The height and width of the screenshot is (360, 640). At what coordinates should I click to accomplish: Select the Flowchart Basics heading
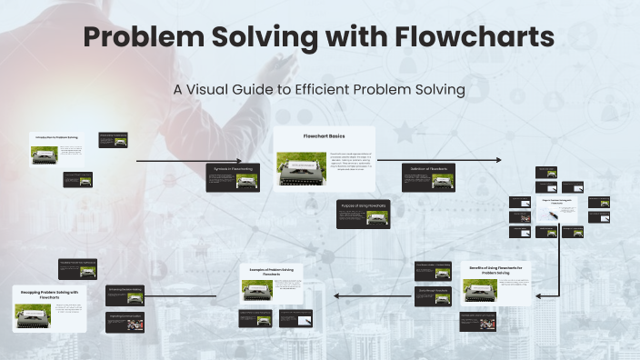325,136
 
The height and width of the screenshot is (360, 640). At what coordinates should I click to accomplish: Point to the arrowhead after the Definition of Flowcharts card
497,160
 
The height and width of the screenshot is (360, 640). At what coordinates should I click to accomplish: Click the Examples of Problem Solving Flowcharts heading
273,272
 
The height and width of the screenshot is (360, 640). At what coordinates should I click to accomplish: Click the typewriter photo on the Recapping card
32,315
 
